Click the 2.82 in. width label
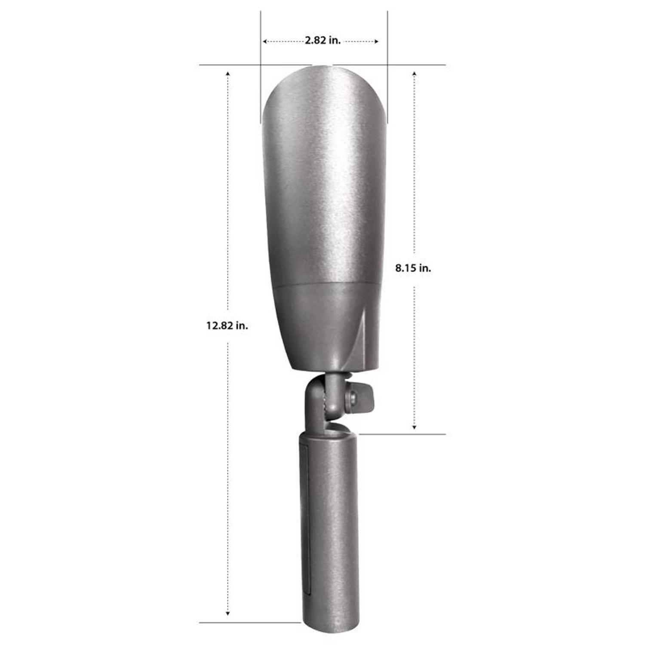tap(322, 40)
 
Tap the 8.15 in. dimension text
tap(413, 268)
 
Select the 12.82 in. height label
tap(227, 326)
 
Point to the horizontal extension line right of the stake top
tap(402, 434)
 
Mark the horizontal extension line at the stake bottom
tap(249, 622)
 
